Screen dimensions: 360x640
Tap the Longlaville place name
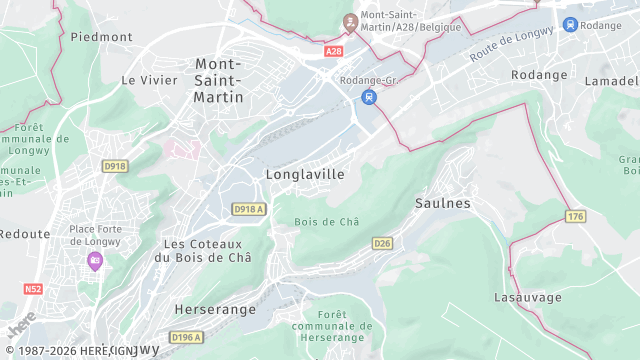point(305,174)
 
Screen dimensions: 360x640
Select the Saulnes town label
point(442,203)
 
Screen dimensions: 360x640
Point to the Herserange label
point(215,310)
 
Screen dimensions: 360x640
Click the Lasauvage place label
point(528,298)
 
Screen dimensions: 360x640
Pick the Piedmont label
point(101,37)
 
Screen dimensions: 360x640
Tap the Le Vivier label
point(142,79)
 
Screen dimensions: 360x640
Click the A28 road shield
point(334,50)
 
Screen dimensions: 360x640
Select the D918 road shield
point(115,166)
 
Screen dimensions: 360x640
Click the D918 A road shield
point(248,209)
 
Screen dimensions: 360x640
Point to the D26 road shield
point(382,243)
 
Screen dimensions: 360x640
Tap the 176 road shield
point(574,216)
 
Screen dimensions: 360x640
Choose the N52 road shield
point(34,289)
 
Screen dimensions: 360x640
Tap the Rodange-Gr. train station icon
point(368,97)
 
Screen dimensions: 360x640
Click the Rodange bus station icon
point(570,25)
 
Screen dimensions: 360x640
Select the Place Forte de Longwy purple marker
point(95,261)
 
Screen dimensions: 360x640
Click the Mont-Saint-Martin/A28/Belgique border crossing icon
point(350,21)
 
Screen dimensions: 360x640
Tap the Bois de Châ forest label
point(327,222)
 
